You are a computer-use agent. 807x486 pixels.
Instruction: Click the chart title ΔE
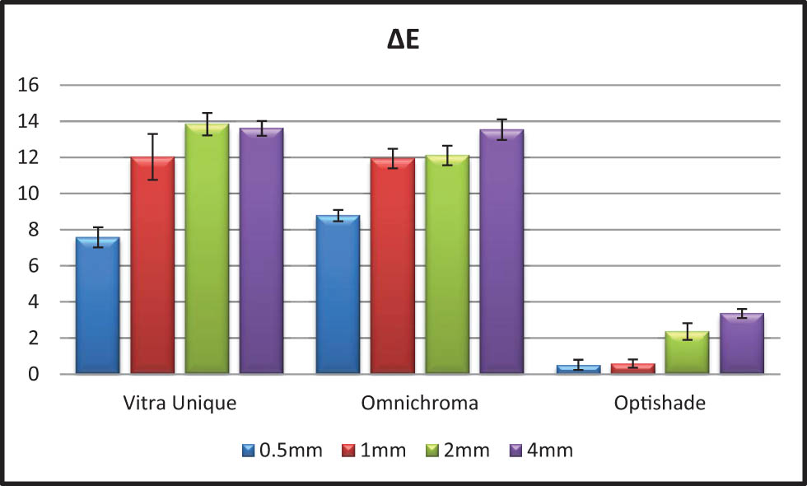pyautogui.click(x=403, y=40)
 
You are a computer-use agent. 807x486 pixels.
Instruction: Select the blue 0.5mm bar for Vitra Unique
pyautogui.click(x=97, y=306)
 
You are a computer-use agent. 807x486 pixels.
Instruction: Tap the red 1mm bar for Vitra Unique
pyautogui.click(x=152, y=265)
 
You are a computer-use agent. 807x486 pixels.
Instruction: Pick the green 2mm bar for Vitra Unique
pyautogui.click(x=207, y=249)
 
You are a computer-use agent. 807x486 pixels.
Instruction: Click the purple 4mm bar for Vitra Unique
pyautogui.click(x=261, y=251)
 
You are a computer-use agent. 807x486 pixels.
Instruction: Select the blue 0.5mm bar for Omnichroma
pyautogui.click(x=338, y=295)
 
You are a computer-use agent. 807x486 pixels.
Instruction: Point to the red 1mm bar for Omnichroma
pyautogui.click(x=392, y=266)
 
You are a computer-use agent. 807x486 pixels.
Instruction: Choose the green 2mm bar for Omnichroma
pyautogui.click(x=447, y=264)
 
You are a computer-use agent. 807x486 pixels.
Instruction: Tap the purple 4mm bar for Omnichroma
pyautogui.click(x=501, y=252)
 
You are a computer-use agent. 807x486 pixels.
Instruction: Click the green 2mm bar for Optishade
pyautogui.click(x=687, y=353)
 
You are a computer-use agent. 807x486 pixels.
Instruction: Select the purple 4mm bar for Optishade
pyautogui.click(x=741, y=343)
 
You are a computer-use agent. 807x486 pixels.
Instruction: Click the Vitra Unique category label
pyautogui.click(x=180, y=404)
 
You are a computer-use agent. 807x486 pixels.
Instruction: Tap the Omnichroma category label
pyautogui.click(x=419, y=404)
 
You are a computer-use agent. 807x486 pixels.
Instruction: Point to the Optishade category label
pyautogui.click(x=660, y=404)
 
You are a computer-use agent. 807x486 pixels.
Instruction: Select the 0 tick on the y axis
pyautogui.click(x=33, y=375)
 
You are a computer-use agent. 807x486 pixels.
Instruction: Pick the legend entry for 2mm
pyautogui.click(x=458, y=451)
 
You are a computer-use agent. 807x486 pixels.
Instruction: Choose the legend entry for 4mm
pyautogui.click(x=541, y=451)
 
